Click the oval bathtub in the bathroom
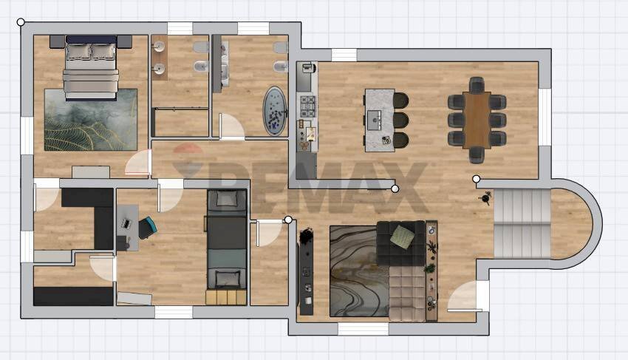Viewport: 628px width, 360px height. tap(275, 111)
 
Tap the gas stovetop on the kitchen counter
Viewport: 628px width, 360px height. tap(307, 106)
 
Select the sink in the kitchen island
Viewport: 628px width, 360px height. tap(375, 120)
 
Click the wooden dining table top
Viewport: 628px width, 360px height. tap(477, 120)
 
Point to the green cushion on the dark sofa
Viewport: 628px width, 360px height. tap(403, 236)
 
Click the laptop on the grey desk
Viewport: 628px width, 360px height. tap(126, 223)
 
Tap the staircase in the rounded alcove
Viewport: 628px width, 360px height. tap(522, 223)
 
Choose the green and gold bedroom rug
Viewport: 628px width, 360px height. tap(91, 120)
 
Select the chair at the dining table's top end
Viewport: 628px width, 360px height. tap(477, 84)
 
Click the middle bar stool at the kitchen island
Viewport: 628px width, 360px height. tap(400, 120)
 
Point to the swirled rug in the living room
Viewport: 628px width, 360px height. tap(359, 271)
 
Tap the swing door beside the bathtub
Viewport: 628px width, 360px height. tap(232, 126)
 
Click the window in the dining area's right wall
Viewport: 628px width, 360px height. tap(545, 117)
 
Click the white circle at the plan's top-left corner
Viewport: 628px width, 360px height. tap(21, 22)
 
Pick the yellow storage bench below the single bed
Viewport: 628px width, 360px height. tap(226, 297)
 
